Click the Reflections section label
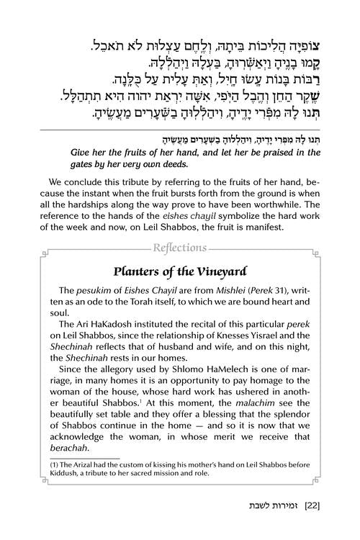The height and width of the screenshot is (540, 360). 180,248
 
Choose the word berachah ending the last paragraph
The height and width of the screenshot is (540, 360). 74,447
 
